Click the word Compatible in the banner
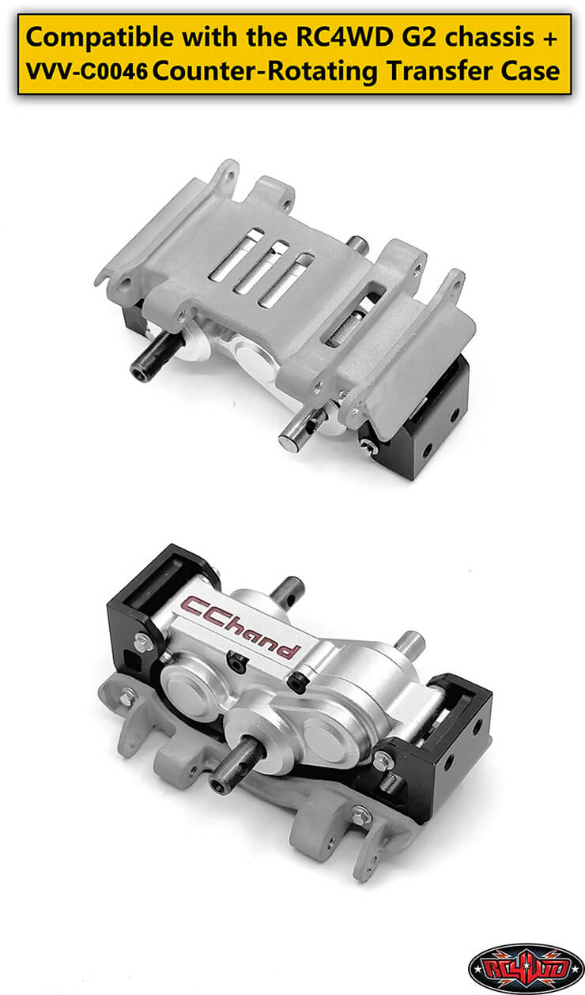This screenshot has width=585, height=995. point(100,38)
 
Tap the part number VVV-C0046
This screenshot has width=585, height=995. point(86,71)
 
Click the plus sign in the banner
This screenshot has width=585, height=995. point(550,38)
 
